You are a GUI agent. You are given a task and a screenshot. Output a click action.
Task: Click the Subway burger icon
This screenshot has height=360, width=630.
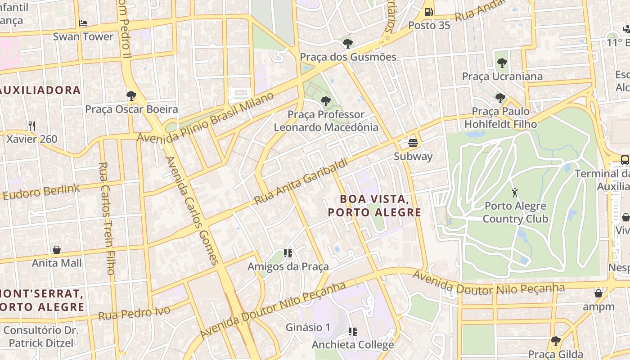point(413,143)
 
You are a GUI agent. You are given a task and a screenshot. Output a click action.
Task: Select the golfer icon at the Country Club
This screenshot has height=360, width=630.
point(515,193)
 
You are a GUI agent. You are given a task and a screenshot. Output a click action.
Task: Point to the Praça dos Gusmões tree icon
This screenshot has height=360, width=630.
point(347,43)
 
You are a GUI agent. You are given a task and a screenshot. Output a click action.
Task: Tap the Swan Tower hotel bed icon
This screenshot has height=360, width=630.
point(83,23)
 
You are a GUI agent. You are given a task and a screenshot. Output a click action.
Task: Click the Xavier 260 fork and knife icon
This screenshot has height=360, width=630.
point(32,126)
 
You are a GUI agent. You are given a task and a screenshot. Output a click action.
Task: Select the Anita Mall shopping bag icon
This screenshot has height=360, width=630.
point(57,249)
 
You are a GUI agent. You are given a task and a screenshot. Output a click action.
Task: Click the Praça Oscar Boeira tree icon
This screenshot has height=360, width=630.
point(131,95)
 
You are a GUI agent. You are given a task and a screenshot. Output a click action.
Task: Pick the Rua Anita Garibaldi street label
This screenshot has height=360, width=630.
point(301,181)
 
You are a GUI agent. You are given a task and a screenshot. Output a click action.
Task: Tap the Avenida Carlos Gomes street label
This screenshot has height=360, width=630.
point(192,211)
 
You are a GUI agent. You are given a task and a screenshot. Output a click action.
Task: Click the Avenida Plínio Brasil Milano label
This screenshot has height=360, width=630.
point(206,117)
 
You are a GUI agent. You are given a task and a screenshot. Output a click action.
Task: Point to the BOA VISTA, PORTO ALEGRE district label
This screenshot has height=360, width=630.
point(374,205)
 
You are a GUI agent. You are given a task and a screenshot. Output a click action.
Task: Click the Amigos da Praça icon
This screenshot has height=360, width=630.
point(288,253)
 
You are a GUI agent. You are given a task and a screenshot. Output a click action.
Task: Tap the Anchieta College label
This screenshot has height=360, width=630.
point(353,345)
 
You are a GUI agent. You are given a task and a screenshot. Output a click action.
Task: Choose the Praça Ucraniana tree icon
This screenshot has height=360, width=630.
point(502,63)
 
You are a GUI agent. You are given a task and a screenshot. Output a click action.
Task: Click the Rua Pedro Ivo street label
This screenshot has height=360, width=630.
point(134,313)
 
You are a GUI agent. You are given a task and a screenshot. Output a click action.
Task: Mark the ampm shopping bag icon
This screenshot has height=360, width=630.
point(598,293)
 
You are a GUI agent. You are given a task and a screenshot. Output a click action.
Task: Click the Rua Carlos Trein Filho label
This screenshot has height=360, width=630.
point(107,218)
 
